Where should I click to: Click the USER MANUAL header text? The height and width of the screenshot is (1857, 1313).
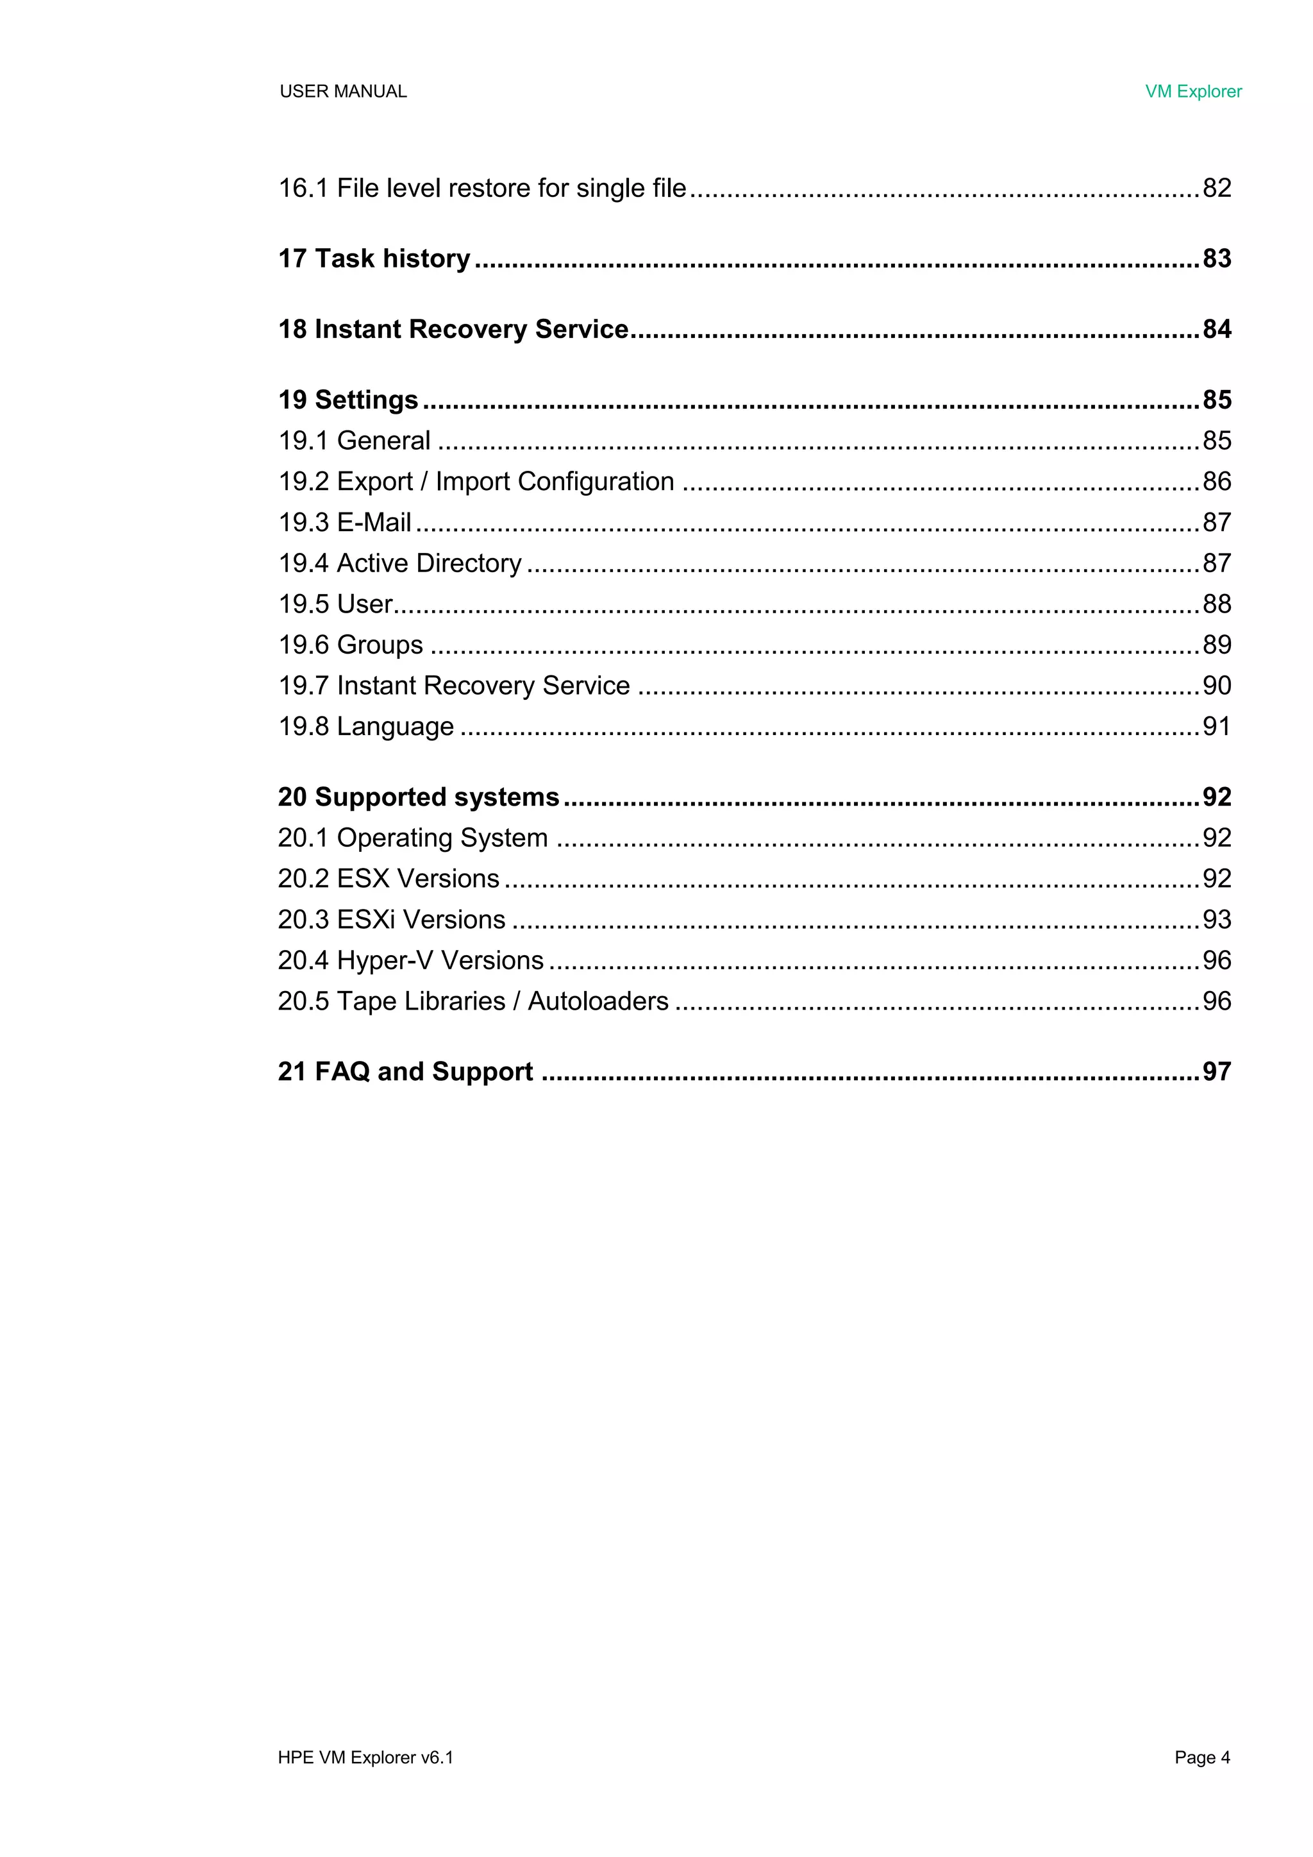pyautogui.click(x=343, y=91)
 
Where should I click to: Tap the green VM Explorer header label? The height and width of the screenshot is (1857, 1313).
pyautogui.click(x=1192, y=91)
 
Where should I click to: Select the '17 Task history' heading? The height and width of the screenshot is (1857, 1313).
pyautogui.click(x=374, y=259)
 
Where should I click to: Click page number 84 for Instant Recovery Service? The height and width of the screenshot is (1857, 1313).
pyautogui.click(x=1216, y=329)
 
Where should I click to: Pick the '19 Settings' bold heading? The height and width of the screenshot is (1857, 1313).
pyautogui.click(x=347, y=400)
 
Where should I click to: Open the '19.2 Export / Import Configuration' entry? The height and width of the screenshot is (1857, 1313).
pyautogui.click(x=476, y=481)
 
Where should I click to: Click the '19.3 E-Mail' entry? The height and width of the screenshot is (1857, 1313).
pyautogui.click(x=344, y=523)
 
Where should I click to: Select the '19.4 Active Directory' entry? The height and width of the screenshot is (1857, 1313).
pyautogui.click(x=399, y=563)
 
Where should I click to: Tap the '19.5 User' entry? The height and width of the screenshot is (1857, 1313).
pyautogui.click(x=335, y=604)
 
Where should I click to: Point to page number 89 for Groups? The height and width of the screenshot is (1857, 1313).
pyautogui.click(x=1216, y=645)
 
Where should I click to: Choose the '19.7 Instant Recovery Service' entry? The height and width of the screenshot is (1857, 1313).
pyautogui.click(x=453, y=686)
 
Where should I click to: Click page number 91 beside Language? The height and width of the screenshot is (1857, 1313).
pyautogui.click(x=1216, y=726)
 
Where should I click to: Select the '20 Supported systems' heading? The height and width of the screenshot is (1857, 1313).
pyautogui.click(x=418, y=797)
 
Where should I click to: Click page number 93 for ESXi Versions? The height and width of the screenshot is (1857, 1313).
pyautogui.click(x=1216, y=920)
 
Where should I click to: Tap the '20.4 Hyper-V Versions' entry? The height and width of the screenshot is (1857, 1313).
pyautogui.click(x=410, y=960)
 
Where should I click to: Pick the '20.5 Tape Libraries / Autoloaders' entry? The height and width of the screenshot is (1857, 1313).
pyautogui.click(x=473, y=1001)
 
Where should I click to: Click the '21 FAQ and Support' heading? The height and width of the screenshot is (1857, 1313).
pyautogui.click(x=405, y=1072)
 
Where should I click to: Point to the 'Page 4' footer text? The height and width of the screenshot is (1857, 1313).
pyautogui.click(x=1201, y=1757)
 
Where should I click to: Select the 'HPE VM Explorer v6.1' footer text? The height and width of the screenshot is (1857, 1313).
pyautogui.click(x=365, y=1757)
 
